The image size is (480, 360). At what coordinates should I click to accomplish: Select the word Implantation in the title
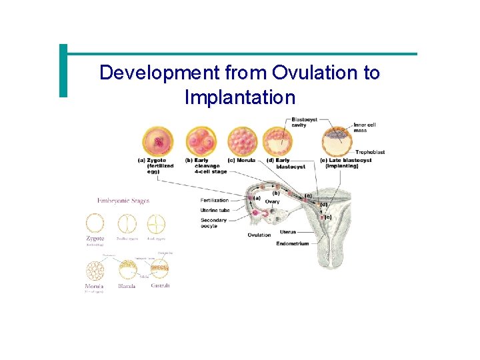click(239, 97)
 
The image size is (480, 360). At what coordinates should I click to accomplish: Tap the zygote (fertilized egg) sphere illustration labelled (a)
click(157, 141)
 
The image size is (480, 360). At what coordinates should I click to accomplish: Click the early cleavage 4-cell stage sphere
click(201, 141)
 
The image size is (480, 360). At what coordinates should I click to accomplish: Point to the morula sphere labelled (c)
click(242, 141)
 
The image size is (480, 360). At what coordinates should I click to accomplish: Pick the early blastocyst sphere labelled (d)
click(277, 141)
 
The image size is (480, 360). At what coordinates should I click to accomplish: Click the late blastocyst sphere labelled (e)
click(337, 142)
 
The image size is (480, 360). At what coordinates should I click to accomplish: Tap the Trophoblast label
click(370, 152)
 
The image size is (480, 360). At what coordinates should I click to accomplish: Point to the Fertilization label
click(214, 200)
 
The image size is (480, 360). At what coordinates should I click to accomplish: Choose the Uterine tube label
click(215, 211)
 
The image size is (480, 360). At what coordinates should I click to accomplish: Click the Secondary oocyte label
click(214, 223)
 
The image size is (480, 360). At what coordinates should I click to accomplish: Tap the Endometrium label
click(292, 244)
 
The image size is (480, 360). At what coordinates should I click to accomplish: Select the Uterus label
click(288, 232)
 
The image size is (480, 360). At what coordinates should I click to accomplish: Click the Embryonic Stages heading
click(123, 200)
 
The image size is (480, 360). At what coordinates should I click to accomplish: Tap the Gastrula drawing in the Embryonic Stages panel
click(160, 269)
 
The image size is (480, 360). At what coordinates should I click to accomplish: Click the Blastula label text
click(127, 286)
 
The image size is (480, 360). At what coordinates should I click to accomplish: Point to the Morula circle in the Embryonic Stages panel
click(95, 269)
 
